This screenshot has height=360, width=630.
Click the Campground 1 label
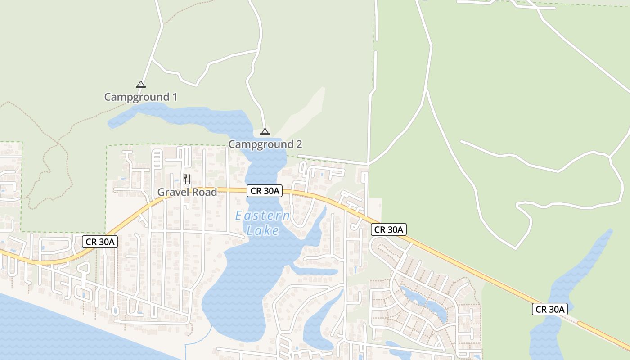pos(140,97)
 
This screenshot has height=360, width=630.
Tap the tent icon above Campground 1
pos(141,84)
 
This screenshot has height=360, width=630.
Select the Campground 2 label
pos(265,144)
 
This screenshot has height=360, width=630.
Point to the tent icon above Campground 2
pos(265,131)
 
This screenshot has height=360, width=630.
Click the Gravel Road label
pos(187,192)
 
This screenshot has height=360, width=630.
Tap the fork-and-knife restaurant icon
pos(187,179)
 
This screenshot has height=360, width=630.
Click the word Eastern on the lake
pos(262,216)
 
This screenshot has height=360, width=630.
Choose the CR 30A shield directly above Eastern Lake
pos(265,191)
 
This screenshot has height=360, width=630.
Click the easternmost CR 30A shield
pos(549,309)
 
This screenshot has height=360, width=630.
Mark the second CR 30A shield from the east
pos(389,229)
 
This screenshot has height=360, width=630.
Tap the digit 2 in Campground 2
pos(299,144)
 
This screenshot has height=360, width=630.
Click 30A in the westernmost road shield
pos(107,242)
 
